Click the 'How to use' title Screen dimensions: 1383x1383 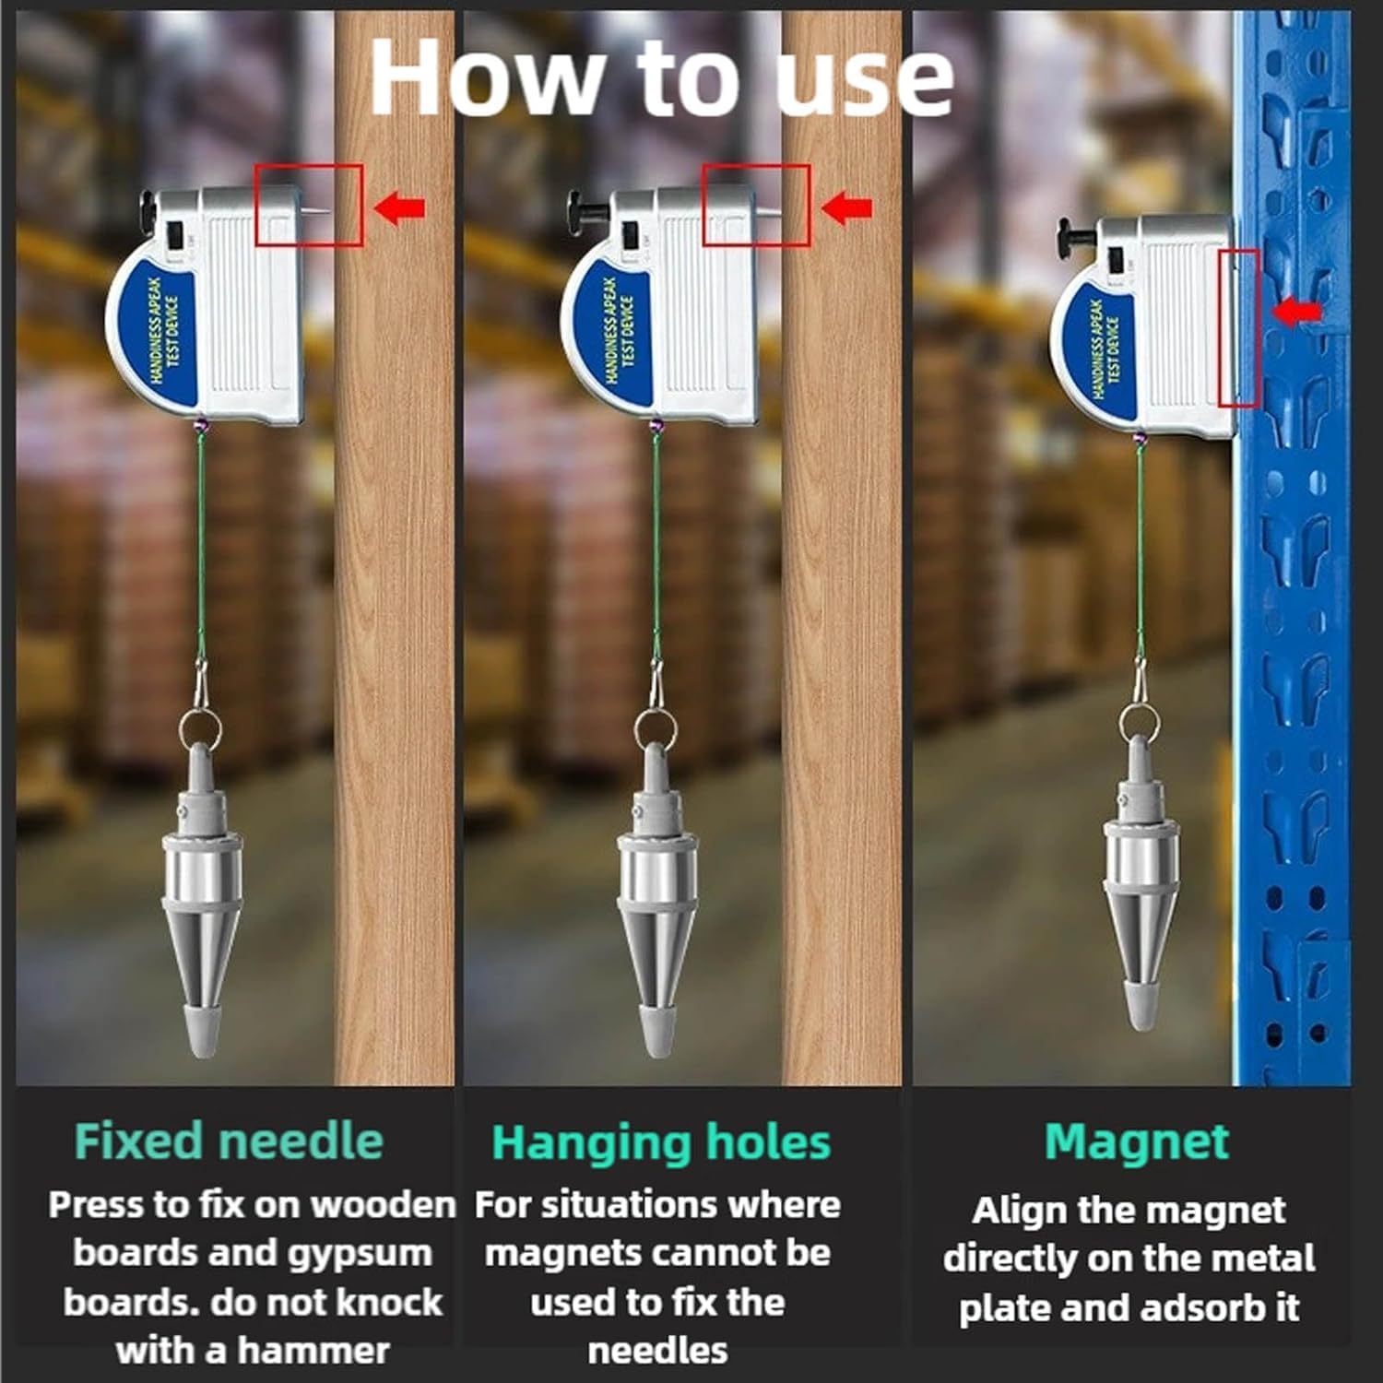661,78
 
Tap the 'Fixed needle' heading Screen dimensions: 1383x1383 229,1141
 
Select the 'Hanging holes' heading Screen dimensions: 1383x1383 661,1143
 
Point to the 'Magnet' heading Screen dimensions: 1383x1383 1137,1141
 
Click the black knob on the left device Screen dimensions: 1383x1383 149,208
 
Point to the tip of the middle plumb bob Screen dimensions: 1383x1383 656,1053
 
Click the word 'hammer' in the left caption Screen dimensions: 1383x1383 313,1351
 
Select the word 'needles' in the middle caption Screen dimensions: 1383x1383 657,1351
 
